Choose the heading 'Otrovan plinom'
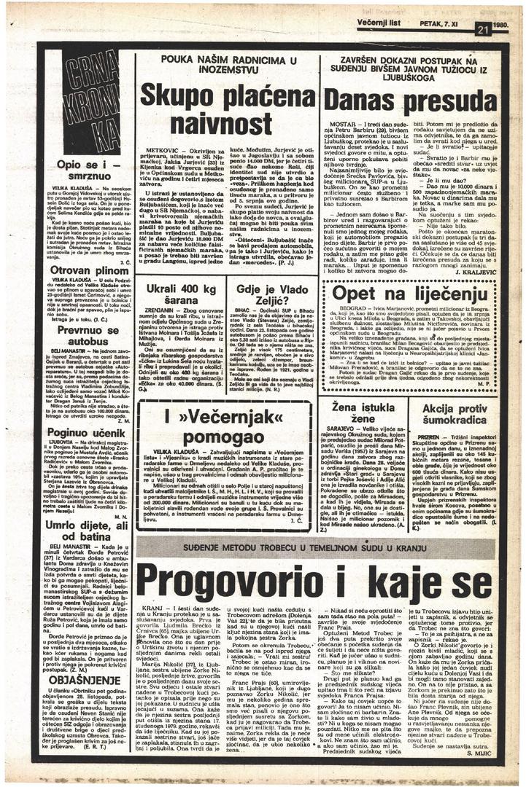point(80,269)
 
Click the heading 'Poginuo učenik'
point(80,432)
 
